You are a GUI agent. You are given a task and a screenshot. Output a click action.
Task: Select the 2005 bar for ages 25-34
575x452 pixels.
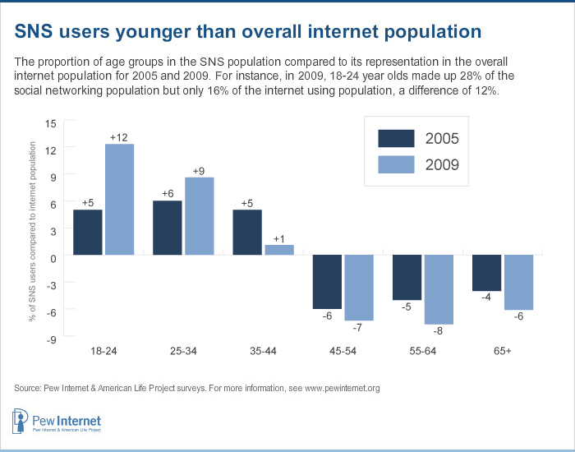click(168, 228)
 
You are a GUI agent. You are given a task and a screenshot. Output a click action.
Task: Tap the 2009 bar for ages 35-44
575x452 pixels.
click(279, 250)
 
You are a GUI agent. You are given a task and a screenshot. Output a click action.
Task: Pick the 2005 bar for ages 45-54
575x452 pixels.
click(327, 282)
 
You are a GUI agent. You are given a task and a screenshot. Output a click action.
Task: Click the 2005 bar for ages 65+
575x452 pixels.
click(487, 273)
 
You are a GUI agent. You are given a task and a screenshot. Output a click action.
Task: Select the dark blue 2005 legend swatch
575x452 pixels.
click(397, 138)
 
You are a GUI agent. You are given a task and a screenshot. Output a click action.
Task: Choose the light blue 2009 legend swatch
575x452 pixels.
click(397, 165)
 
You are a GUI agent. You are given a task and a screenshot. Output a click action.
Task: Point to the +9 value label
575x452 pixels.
click(199, 170)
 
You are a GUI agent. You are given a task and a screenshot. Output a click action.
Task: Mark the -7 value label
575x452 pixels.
click(359, 328)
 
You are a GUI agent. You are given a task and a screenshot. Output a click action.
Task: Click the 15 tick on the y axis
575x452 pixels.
click(51, 122)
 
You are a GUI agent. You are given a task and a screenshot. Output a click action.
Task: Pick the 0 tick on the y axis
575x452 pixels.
click(53, 256)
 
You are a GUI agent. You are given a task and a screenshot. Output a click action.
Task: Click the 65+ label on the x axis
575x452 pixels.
click(503, 350)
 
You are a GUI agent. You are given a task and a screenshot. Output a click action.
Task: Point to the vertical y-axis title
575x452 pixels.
click(33, 230)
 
